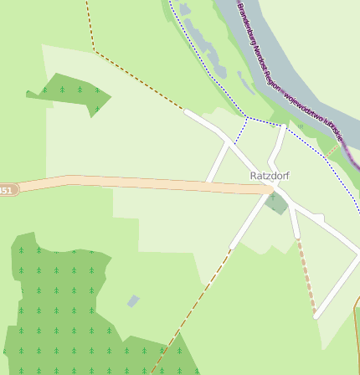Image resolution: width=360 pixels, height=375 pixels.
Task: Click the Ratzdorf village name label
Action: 270,176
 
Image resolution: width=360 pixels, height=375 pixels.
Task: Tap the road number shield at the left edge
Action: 7,190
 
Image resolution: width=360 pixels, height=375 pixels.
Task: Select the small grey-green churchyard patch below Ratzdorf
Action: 276,203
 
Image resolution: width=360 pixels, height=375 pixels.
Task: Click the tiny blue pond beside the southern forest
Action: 133,301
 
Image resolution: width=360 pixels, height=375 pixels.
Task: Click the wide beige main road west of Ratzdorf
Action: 126,182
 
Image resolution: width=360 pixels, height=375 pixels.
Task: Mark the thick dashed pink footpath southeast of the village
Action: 306,276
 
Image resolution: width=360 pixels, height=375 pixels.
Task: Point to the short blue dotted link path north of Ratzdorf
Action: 243,130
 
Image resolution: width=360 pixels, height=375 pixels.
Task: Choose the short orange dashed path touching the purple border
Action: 335,146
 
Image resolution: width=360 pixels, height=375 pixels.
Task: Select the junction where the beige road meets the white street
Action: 270,192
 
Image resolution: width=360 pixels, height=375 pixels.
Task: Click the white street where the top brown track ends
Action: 188,111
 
